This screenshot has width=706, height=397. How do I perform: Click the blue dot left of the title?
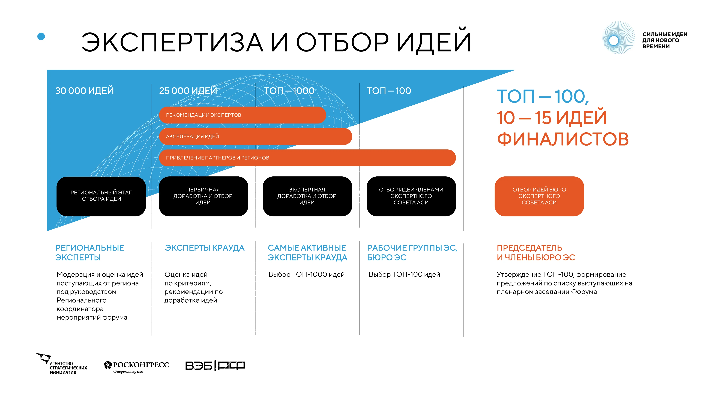41,37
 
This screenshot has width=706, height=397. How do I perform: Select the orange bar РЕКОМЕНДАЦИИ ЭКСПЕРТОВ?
242,115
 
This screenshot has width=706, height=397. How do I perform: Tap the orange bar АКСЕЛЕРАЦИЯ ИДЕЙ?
255,136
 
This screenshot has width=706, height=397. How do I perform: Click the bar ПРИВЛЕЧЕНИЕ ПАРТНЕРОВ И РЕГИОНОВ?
307,158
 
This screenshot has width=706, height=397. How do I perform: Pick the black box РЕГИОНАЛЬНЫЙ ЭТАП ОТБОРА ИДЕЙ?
101,196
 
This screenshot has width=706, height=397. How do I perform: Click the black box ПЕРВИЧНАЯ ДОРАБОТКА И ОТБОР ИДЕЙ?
203,196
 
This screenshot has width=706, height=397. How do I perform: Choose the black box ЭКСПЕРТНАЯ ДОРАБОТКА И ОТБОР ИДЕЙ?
307,196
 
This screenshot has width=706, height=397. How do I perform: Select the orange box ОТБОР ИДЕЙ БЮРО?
539,196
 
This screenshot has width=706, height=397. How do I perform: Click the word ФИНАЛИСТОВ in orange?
563,139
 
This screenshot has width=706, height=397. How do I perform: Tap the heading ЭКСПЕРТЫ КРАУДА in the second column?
204,248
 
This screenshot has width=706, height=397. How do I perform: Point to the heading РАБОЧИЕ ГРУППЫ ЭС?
412,248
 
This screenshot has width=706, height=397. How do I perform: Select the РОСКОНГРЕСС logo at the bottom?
136,367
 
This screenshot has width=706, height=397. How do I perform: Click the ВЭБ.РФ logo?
215,365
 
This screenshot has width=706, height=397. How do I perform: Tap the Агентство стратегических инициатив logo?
62,364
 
